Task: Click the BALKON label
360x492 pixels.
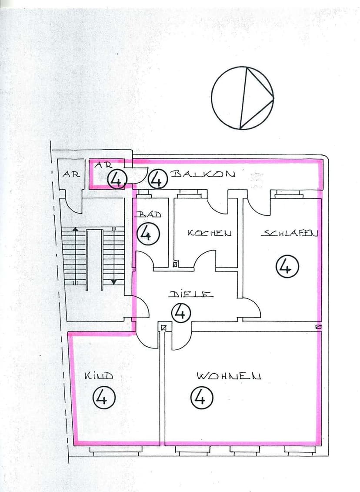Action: point(203,174)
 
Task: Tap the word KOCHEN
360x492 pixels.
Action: point(209,233)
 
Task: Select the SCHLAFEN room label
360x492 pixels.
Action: point(289,233)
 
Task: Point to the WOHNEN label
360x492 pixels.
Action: point(229,376)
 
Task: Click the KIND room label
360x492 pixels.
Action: point(99,375)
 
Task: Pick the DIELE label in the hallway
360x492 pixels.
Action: point(191,294)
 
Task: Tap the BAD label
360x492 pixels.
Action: point(148,214)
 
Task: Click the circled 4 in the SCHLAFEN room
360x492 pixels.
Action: point(287,267)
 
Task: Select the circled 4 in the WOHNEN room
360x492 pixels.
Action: point(201,398)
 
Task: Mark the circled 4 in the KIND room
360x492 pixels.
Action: point(103,398)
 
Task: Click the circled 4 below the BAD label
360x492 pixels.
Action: point(148,234)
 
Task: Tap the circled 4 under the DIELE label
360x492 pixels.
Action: point(181,312)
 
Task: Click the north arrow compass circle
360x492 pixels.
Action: point(243,98)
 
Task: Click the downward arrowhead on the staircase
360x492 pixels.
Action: point(114,281)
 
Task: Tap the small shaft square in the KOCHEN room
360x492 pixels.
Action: point(175,264)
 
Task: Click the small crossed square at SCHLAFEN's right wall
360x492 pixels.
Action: point(319,326)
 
